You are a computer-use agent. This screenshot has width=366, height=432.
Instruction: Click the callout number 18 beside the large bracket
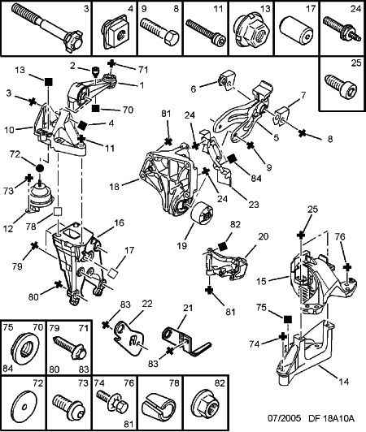[114, 187]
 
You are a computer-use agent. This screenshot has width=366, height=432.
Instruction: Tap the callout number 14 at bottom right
[344, 382]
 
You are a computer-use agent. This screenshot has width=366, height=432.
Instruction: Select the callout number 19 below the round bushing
[182, 245]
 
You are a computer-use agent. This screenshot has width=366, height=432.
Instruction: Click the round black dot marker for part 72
[40, 167]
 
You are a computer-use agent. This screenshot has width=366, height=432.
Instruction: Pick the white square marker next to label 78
[58, 212]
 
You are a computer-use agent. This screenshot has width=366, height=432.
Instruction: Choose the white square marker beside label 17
[112, 273]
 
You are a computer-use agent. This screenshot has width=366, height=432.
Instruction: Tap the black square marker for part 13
[49, 81]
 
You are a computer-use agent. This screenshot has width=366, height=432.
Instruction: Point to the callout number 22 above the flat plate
[147, 304]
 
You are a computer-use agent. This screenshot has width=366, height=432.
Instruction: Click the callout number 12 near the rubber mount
[8, 228]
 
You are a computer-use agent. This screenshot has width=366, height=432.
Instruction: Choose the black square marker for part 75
[288, 319]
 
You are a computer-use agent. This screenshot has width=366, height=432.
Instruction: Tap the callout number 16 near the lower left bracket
[119, 222]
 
